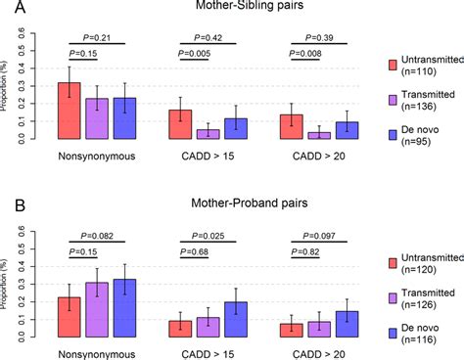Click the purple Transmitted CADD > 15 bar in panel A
180,135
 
